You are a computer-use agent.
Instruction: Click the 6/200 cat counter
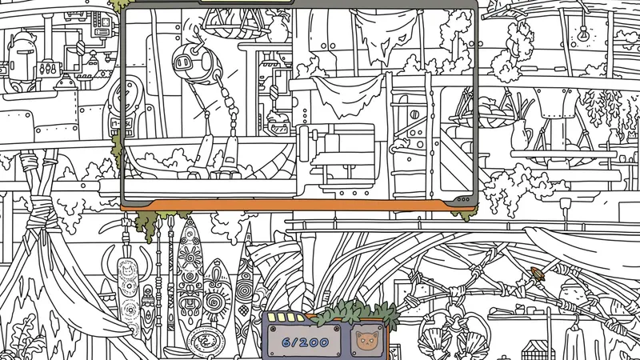305,342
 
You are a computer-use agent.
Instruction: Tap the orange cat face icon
366,341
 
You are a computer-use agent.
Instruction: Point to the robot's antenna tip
197,30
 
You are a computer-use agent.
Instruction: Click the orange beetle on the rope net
538,273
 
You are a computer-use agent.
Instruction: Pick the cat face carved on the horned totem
128,270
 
